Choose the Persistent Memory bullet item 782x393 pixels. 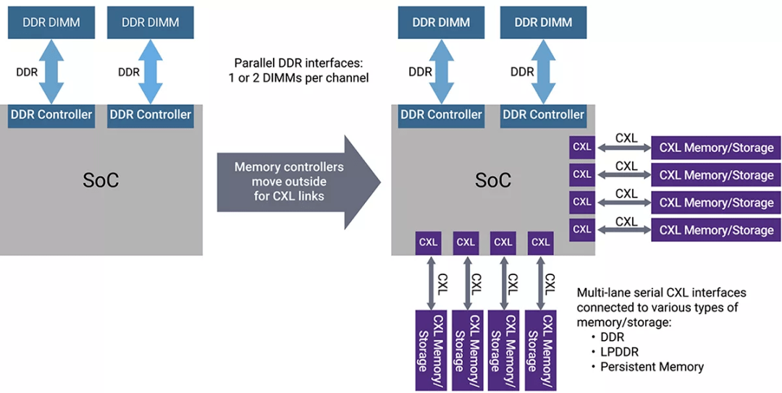(x=652, y=367)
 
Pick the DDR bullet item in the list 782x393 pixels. (x=612, y=337)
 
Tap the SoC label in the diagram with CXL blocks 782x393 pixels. (x=493, y=180)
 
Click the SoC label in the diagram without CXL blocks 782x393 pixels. (x=101, y=180)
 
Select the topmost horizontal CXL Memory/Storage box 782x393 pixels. (x=716, y=148)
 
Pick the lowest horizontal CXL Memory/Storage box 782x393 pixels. (x=716, y=230)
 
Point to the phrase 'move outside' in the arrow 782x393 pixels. (x=289, y=182)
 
